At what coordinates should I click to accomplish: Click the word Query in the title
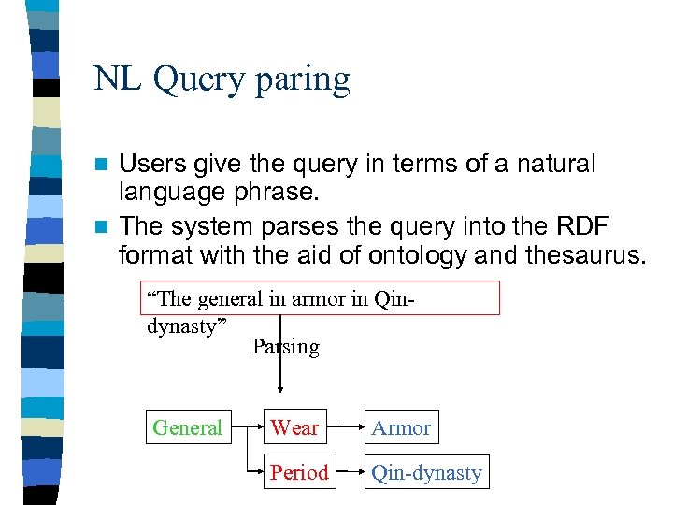point(199,80)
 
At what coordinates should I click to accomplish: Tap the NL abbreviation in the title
point(117,79)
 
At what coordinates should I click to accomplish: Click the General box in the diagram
point(187,428)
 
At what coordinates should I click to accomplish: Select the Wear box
point(294,428)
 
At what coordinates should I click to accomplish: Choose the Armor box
point(401,428)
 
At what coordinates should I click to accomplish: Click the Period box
point(299,472)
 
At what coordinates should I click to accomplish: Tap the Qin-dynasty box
point(426,472)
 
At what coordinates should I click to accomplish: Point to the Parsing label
point(286,347)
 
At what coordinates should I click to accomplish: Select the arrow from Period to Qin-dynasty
point(348,472)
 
